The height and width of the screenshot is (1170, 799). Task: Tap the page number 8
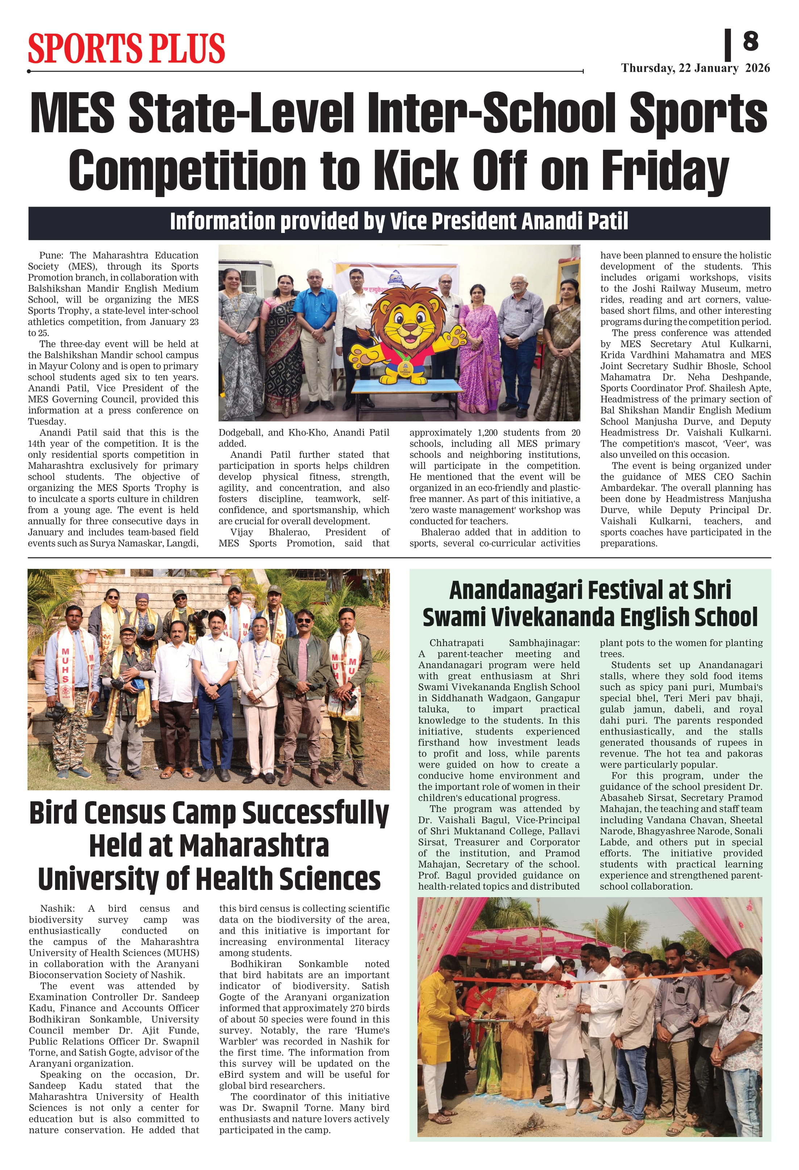pyautogui.click(x=750, y=41)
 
